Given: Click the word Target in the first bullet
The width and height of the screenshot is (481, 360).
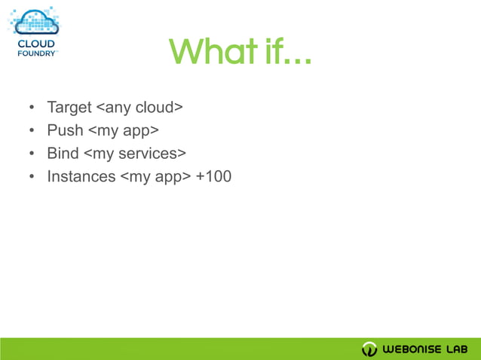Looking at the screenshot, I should pyautogui.click(x=69, y=108).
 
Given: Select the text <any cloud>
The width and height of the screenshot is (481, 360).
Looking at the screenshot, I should pyautogui.click(x=139, y=108).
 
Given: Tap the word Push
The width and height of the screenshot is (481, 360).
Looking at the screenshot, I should pyautogui.click(x=65, y=130).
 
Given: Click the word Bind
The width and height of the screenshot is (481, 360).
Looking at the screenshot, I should pyautogui.click(x=63, y=153).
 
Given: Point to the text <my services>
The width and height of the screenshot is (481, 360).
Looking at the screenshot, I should pyautogui.click(x=135, y=153).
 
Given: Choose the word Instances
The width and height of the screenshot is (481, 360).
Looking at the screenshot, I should pyautogui.click(x=81, y=176).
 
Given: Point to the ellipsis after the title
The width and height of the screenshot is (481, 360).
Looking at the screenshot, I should pyautogui.click(x=296, y=59).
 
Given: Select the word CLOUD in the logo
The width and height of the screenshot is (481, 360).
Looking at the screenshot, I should pyautogui.click(x=35, y=44).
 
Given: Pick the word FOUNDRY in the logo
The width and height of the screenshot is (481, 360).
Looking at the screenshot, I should pyautogui.click(x=35, y=53).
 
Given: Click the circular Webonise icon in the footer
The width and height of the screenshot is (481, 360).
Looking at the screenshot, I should pyautogui.click(x=369, y=349).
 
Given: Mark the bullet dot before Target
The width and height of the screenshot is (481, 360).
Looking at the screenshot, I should pyautogui.click(x=32, y=108).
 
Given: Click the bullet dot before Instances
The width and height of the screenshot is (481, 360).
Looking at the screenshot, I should pyautogui.click(x=32, y=177).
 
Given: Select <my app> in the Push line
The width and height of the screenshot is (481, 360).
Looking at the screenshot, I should pyautogui.click(x=124, y=130).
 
